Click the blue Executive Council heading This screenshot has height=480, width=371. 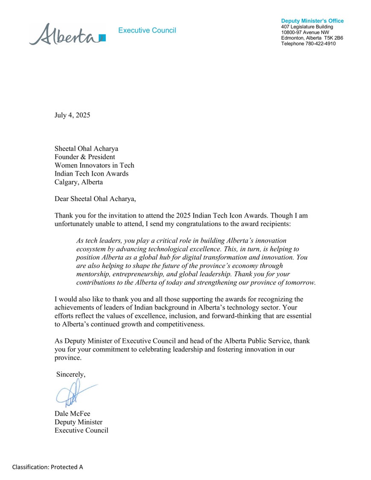147,30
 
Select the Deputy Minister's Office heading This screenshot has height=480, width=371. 312,21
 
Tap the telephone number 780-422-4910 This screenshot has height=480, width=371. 320,44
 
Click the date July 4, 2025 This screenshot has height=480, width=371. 72,115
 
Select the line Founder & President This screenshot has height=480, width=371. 85,157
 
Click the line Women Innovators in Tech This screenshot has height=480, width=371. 94,165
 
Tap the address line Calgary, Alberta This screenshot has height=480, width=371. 79,182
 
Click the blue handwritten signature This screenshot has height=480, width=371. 73,393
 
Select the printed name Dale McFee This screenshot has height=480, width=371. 72,413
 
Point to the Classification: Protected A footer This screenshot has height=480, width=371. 47,467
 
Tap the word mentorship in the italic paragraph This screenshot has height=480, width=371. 92,274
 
